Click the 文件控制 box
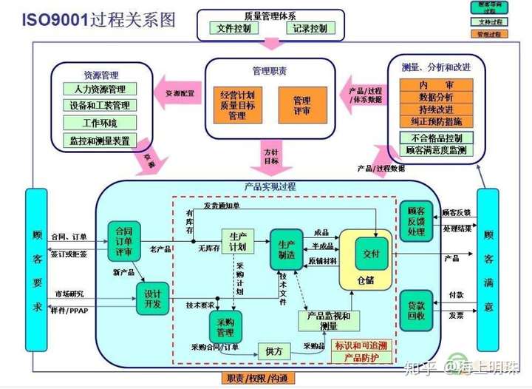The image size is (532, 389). click(x=233, y=29)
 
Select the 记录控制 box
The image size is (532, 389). click(x=310, y=29)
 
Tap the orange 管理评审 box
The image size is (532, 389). click(x=301, y=106)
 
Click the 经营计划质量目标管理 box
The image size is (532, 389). click(x=237, y=106)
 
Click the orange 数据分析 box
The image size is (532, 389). click(x=436, y=98)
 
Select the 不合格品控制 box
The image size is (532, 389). click(x=436, y=138)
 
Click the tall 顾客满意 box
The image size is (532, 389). click(x=488, y=270)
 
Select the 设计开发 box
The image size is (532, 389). click(x=153, y=297)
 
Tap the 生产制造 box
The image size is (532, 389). click(x=287, y=248)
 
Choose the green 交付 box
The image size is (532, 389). click(x=371, y=254)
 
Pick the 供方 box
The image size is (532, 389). click(x=274, y=352)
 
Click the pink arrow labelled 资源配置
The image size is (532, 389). click(x=180, y=94)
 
